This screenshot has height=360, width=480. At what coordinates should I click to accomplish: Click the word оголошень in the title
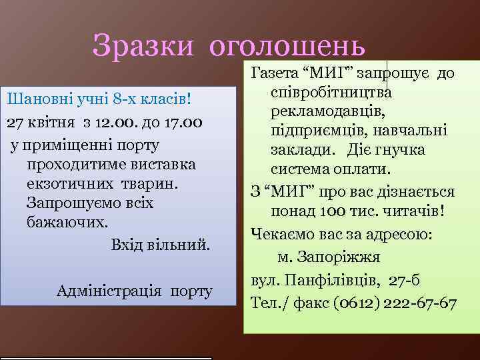[287, 46]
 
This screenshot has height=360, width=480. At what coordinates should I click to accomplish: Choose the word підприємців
[313, 130]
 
